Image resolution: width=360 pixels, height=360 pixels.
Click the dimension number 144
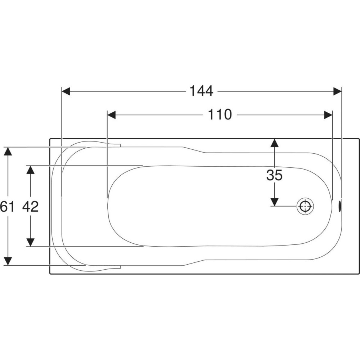pos(201,91)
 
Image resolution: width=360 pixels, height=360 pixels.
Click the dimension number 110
pos(220,114)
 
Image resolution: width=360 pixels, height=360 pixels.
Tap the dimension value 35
pos(274,175)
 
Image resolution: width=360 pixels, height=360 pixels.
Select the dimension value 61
pos(7,206)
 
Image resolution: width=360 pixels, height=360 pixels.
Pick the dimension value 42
pos(30,206)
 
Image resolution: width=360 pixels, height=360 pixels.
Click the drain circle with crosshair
pos(305,206)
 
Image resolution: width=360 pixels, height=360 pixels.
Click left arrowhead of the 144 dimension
pos(66,91)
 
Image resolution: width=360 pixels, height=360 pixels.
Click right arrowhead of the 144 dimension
pos(338,91)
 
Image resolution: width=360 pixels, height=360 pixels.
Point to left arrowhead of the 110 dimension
pos(112,115)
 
